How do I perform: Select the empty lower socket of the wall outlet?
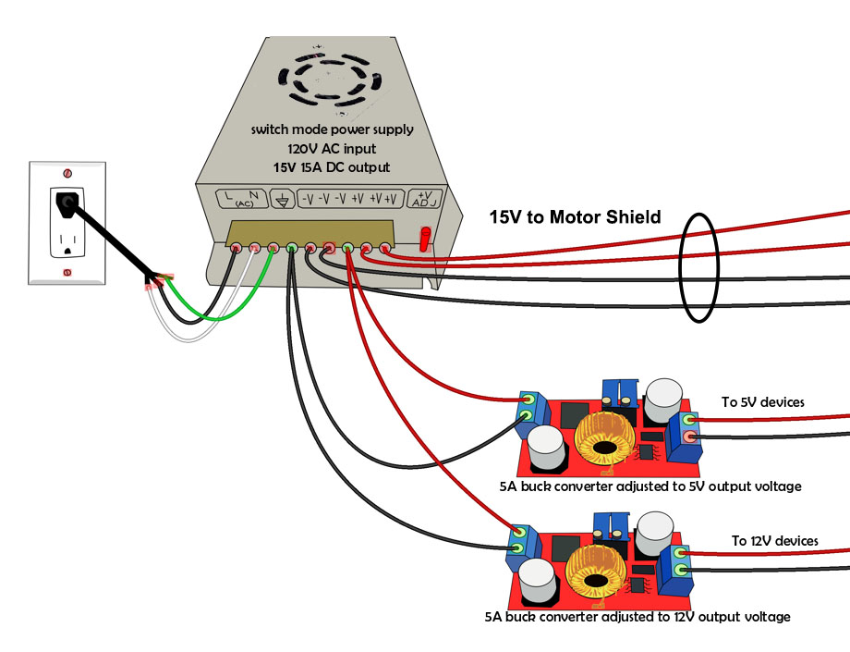[x=67, y=243]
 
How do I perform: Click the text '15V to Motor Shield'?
[x=575, y=218]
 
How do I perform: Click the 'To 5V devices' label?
[x=762, y=402]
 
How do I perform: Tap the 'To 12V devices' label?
[x=774, y=541]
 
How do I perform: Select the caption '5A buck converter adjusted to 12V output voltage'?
[x=637, y=616]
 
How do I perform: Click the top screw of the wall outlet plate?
[x=67, y=173]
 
